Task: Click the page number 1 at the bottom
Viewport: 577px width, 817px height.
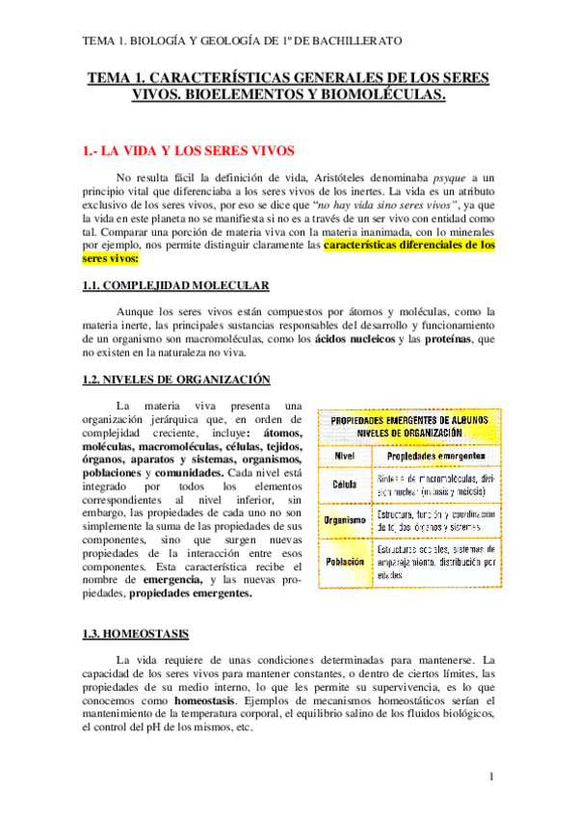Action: coord(491,777)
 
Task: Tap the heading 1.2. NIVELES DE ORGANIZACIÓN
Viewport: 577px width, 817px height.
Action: coord(175,380)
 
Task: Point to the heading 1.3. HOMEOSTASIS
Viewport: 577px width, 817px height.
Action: coord(135,633)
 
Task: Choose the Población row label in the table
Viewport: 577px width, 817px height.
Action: coord(345,562)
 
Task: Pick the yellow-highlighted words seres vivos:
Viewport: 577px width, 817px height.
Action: coord(111,259)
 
